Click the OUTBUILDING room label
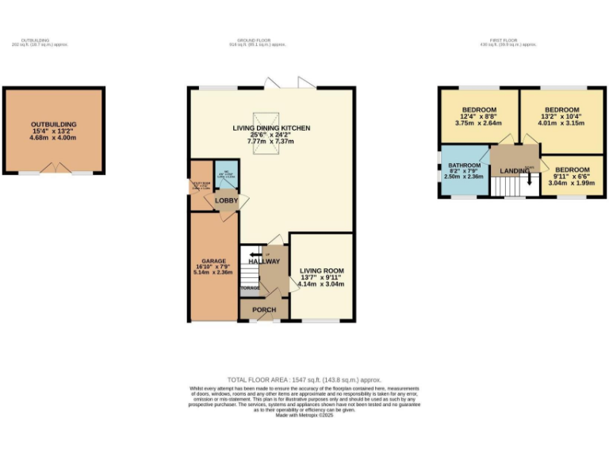tap(53, 125)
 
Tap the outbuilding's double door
tap(54, 169)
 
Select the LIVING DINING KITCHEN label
tap(271, 127)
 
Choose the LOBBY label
tap(226, 201)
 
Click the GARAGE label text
tap(214, 260)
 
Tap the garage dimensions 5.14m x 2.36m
tap(214, 272)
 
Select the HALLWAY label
tap(264, 261)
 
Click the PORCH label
tap(263, 310)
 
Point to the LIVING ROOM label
tap(321, 271)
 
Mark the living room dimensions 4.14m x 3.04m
tap(321, 283)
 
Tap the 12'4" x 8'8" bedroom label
tap(479, 116)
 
